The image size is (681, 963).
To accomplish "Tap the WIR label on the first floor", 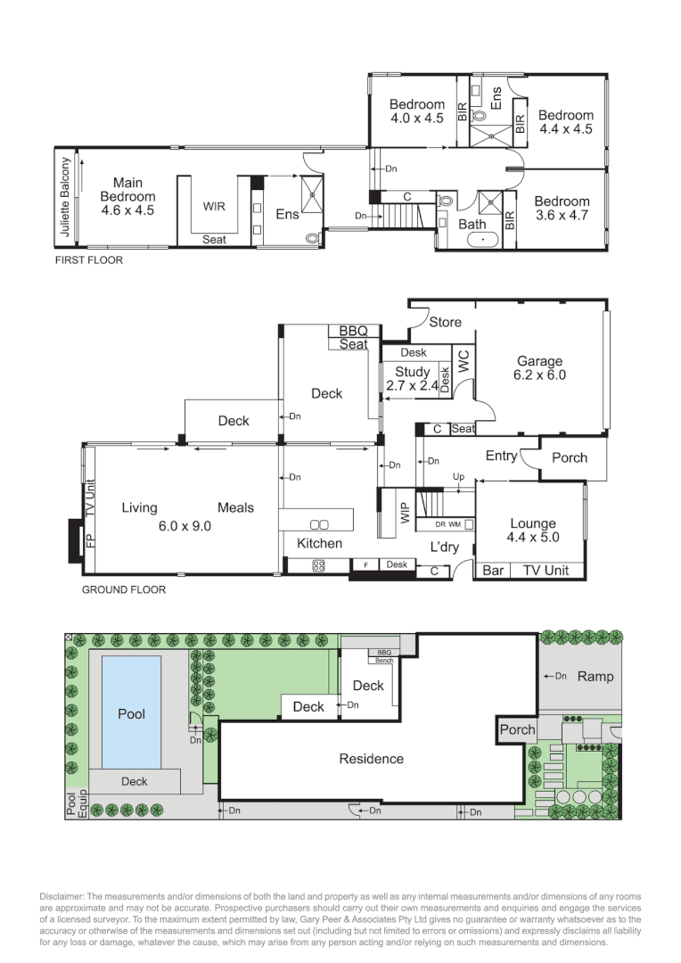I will [214, 206].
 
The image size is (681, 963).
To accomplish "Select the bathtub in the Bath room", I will [472, 239].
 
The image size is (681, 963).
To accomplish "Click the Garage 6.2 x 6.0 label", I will [540, 368].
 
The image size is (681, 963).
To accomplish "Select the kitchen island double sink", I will [318, 524].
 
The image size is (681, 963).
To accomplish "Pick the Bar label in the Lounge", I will [492, 570].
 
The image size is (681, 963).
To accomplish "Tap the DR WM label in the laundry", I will [447, 524].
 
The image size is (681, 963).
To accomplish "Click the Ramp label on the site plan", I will [595, 676].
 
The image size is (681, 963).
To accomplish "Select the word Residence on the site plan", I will [371, 759].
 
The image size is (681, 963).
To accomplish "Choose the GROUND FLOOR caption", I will [123, 589].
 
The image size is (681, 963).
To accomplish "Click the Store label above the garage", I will [445, 322].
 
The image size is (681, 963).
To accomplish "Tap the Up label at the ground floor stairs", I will [461, 476].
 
